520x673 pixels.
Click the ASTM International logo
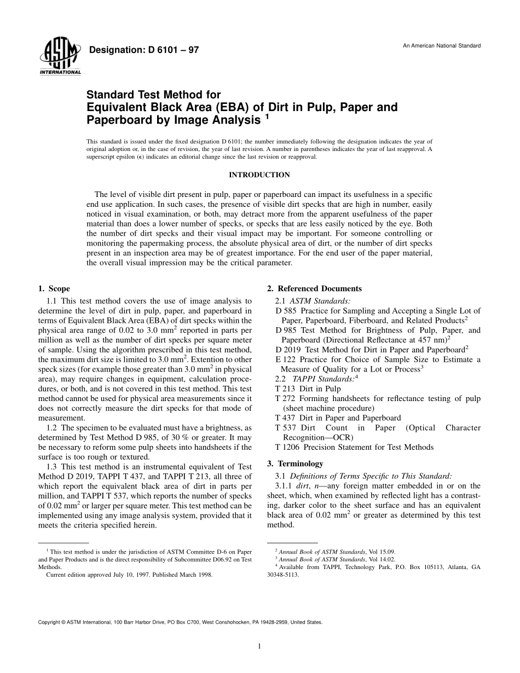pos(60,57)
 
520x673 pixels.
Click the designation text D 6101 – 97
pos(143,50)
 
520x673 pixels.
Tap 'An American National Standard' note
pos(442,45)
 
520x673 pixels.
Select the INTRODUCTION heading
pos(259,175)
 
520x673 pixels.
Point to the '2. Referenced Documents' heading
pos(314,288)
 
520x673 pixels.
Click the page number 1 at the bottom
pos(259,647)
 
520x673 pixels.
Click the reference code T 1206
pos(288,447)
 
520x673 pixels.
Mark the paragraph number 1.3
pos(52,467)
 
